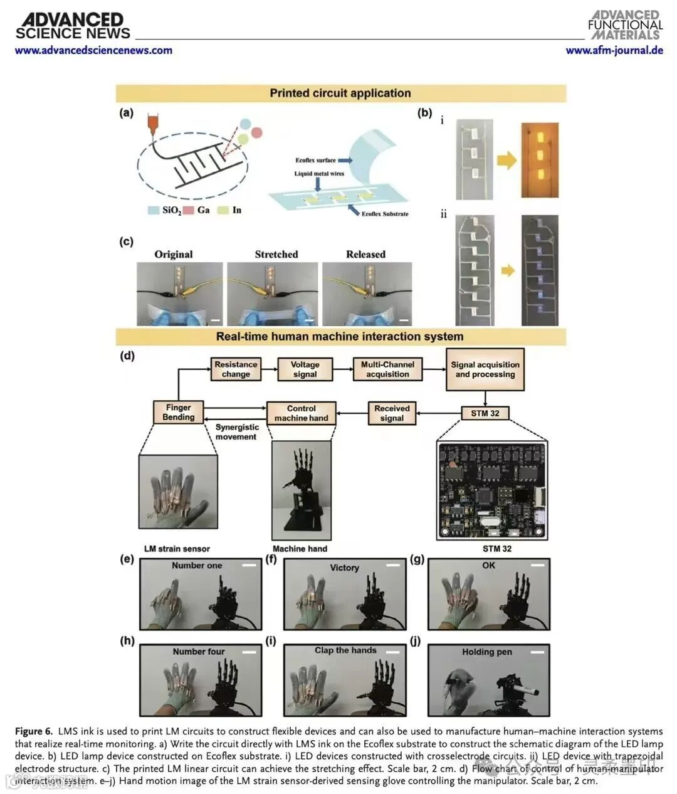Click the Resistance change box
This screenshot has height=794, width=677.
pyautogui.click(x=236, y=369)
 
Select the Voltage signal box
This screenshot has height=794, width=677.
pyautogui.click(x=305, y=369)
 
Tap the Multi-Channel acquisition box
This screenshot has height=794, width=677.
pyautogui.click(x=387, y=369)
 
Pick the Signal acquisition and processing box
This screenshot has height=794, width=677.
pyautogui.click(x=485, y=369)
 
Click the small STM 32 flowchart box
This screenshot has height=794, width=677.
pyautogui.click(x=485, y=413)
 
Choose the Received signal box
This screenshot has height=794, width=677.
pyautogui.click(x=392, y=413)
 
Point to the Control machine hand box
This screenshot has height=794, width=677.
pyautogui.click(x=301, y=413)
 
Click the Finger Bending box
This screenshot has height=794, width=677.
pyautogui.click(x=179, y=412)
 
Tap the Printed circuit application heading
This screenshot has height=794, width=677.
pyautogui.click(x=340, y=93)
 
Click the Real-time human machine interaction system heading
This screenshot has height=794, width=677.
pyautogui.click(x=340, y=337)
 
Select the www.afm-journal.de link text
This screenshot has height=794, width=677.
pyautogui.click(x=614, y=51)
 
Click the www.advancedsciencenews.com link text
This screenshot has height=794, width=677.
pyautogui.click(x=93, y=51)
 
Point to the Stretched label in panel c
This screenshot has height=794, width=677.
pyautogui.click(x=276, y=255)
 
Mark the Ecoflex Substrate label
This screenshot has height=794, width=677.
pyautogui.click(x=385, y=214)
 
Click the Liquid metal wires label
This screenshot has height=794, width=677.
pyautogui.click(x=320, y=174)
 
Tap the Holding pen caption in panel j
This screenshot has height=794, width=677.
pyautogui.click(x=487, y=652)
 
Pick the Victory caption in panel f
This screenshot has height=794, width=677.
pyautogui.click(x=345, y=568)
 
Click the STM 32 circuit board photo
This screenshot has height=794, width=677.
pyautogui.click(x=492, y=492)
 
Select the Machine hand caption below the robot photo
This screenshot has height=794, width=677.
pyautogui.click(x=300, y=549)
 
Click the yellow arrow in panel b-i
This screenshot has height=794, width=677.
pyautogui.click(x=506, y=161)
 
